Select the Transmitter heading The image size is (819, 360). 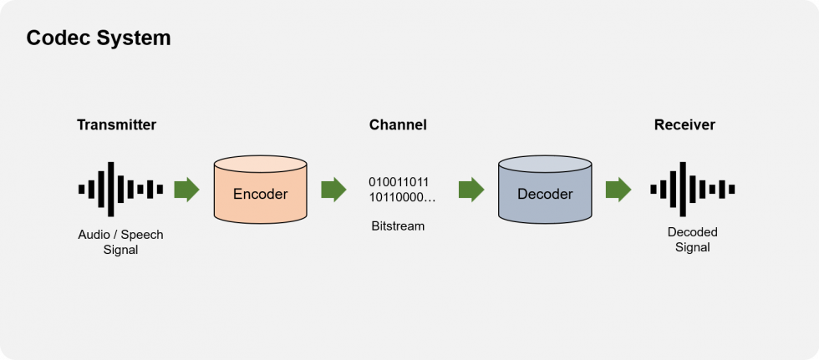tap(116, 125)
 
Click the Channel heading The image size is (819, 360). tap(398, 125)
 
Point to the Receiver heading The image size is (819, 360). tap(684, 125)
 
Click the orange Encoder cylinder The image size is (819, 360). tap(260, 189)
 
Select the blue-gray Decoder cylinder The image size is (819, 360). tap(545, 189)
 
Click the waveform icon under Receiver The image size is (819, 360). tap(692, 189)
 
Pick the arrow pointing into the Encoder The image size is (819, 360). tap(186, 190)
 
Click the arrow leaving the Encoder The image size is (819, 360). tap(333, 190)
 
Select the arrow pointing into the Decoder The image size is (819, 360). tap(471, 190)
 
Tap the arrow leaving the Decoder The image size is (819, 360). tap(618, 190)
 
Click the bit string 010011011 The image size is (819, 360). tap(399, 182)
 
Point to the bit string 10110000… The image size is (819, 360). tap(402, 198)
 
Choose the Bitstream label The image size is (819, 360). tap(398, 226)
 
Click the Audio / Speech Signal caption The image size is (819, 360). tap(120, 241)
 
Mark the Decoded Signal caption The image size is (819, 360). tap(692, 239)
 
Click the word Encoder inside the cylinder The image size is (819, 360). tap(260, 195)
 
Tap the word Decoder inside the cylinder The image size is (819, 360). tap(545, 195)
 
